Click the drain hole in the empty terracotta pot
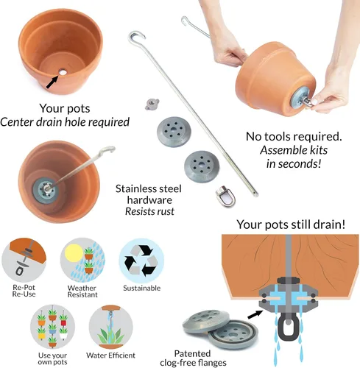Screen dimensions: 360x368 tap(63, 72)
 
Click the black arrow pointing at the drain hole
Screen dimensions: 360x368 tap(52, 82)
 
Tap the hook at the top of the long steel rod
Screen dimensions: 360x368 tap(135, 36)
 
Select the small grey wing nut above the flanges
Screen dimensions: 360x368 tap(152, 105)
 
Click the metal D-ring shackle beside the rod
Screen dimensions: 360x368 tap(225, 197)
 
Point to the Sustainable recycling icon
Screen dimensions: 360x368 tap(141, 261)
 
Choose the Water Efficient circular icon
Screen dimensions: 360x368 tap(110, 327)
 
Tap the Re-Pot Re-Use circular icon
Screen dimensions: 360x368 tap(24, 260)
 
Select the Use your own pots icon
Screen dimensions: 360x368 tap(52, 327)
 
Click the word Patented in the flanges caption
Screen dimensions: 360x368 tap(192, 353)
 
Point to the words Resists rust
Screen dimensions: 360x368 tap(149, 211)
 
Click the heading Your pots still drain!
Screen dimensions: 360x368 tap(291, 224)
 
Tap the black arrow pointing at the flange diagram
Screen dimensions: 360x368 tap(255, 314)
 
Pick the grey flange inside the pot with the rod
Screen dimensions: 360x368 tap(46, 191)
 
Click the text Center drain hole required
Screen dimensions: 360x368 tap(65, 122)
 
